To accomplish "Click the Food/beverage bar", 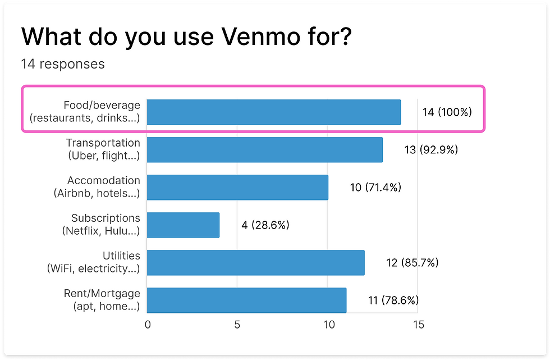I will point(274,112).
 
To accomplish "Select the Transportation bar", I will point(265,149).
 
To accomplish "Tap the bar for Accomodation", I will point(238,187).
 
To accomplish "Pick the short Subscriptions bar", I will point(184,225).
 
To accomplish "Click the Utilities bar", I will point(256,262).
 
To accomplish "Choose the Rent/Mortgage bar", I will point(247,300).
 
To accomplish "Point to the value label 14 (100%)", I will point(447,112).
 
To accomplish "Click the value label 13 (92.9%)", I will point(431,150).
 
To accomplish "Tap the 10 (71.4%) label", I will point(375,188).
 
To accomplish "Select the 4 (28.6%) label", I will point(265,225).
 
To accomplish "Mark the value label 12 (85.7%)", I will point(412,263).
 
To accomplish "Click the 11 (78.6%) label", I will point(393,300).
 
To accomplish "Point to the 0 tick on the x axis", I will point(148,325).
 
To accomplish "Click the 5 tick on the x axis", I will point(237,325).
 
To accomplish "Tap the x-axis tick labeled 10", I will point(328,325).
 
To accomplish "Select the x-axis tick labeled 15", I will point(418,325).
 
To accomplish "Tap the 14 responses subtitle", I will point(63,64).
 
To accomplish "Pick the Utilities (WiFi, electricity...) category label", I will point(94,262).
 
